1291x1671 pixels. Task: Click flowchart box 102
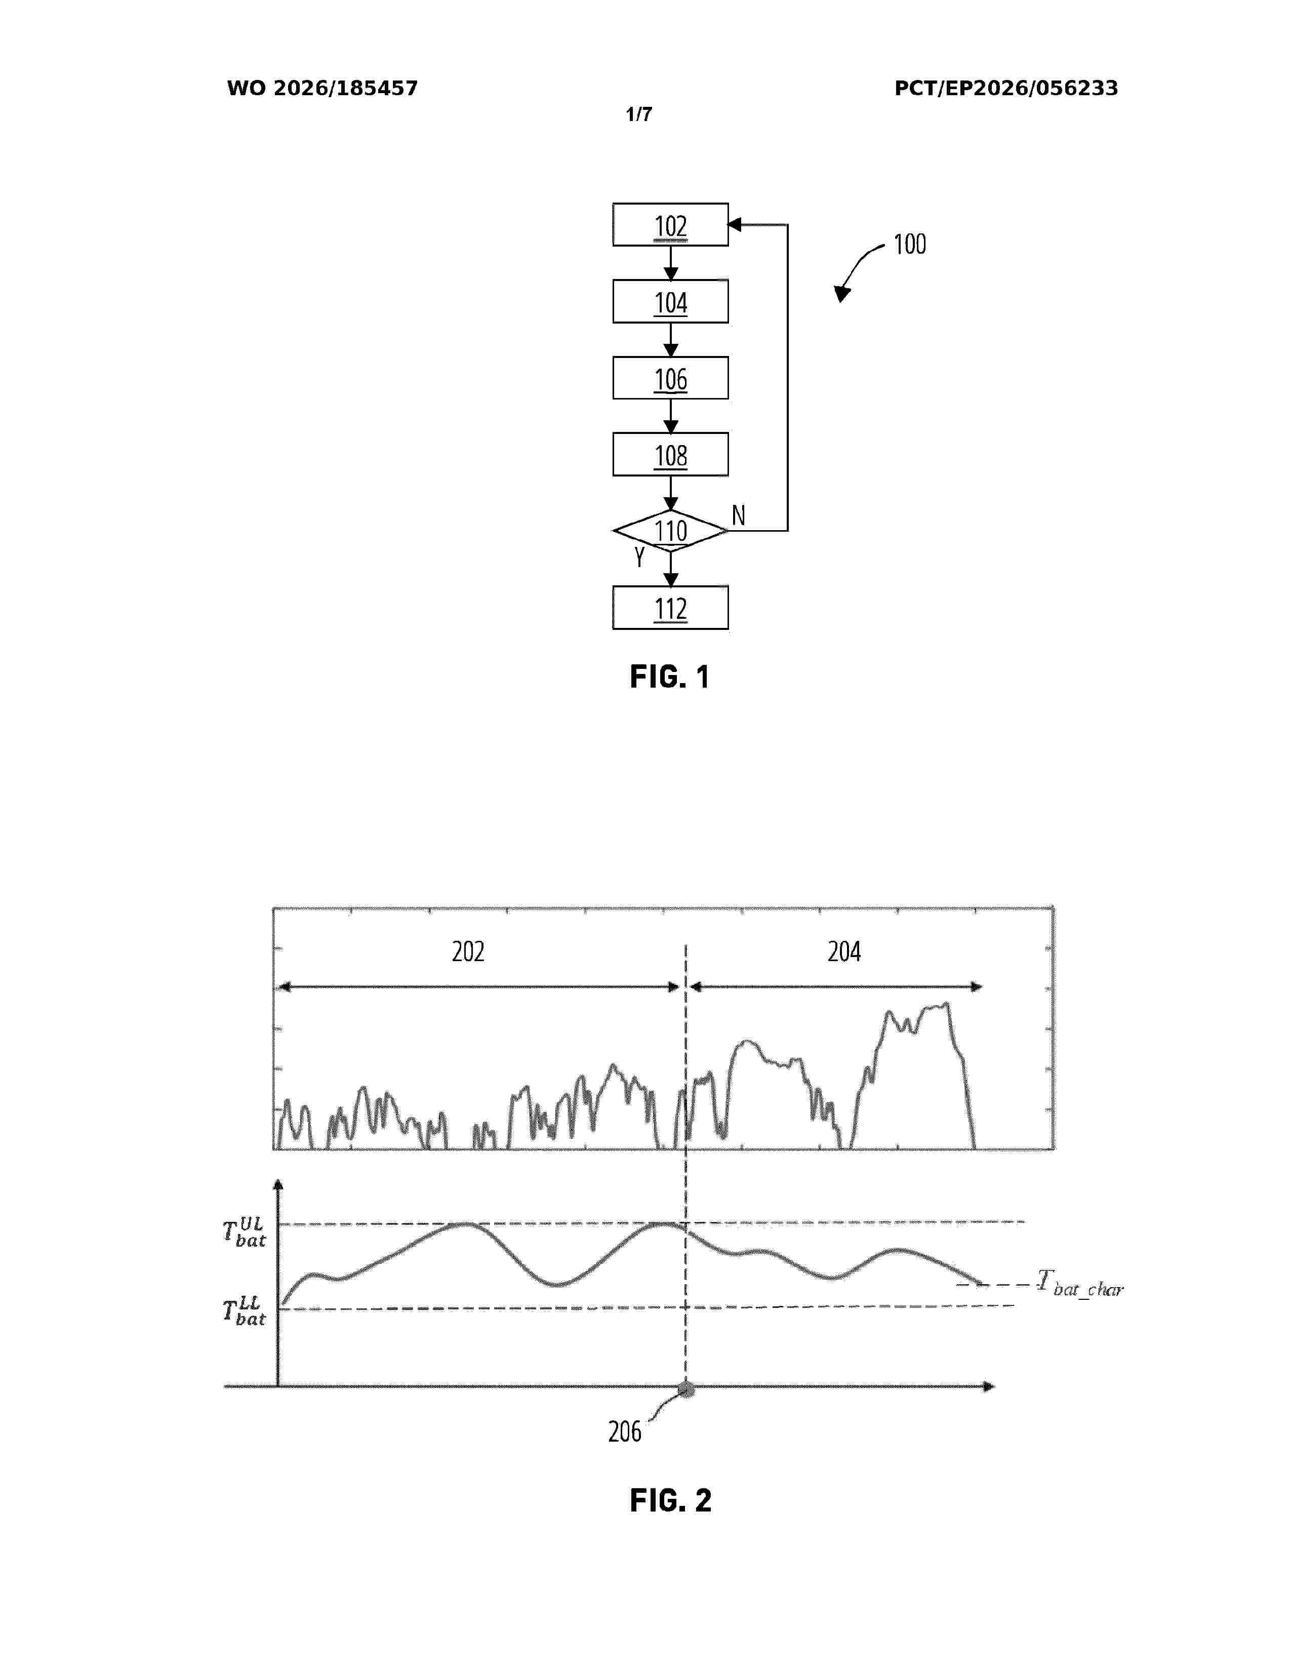tap(670, 225)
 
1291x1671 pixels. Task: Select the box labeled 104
tap(670, 301)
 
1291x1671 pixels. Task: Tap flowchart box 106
tap(670, 378)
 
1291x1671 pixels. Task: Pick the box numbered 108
tap(670, 455)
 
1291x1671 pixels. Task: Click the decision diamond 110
tap(670, 530)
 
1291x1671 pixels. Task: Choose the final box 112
tap(670, 608)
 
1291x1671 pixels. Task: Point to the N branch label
tap(738, 515)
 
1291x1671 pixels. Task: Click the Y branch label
tap(639, 557)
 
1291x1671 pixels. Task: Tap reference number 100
tap(909, 244)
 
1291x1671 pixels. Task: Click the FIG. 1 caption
tap(670, 677)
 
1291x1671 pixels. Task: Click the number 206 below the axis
tap(625, 1431)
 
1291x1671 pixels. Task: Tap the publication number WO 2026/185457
tap(322, 88)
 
